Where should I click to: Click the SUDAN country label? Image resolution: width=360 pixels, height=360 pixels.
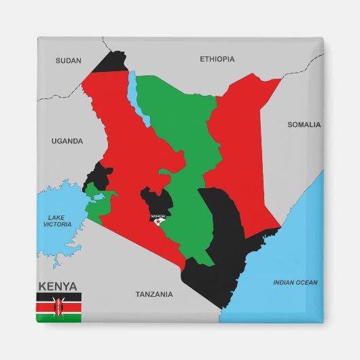(68, 60)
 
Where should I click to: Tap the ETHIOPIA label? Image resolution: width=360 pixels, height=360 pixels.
(217, 59)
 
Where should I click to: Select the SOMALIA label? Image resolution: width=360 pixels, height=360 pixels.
(304, 124)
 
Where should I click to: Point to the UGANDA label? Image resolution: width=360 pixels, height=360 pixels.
(67, 141)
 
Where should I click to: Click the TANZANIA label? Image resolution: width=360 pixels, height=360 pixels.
(154, 294)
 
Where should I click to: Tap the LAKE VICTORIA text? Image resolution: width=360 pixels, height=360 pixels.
(57, 220)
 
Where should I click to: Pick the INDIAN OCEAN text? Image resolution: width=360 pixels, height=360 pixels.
(295, 283)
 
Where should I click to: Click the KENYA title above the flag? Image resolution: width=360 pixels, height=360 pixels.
(58, 286)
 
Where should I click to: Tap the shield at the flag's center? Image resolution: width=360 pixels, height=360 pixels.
(59, 306)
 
